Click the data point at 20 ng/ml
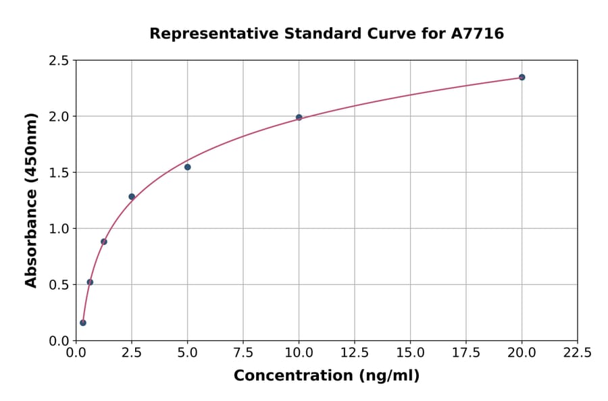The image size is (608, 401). [522, 77]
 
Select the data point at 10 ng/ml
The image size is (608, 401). [299, 117]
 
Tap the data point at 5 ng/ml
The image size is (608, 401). [187, 167]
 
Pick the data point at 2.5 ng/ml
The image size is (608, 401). [132, 196]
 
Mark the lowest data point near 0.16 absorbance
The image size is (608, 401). [83, 323]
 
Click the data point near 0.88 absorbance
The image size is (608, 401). [104, 242]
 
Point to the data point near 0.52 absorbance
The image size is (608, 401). [90, 282]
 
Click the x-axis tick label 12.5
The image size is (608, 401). [354, 352]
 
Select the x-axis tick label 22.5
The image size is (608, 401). [577, 352]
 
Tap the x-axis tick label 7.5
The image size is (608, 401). [243, 352]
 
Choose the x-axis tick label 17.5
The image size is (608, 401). [465, 352]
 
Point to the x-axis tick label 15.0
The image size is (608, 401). [410, 352]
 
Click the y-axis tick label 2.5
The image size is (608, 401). [59, 61]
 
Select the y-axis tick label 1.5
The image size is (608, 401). [59, 173]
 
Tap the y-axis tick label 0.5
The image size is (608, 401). [59, 285]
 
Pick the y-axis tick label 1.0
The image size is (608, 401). [59, 229]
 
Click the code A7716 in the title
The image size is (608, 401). [477, 33]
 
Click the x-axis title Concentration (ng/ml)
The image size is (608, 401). [326, 375]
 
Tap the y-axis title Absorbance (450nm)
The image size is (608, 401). [31, 200]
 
